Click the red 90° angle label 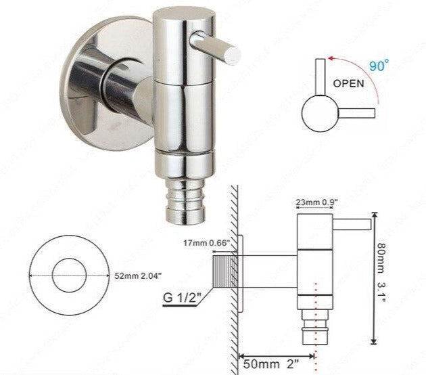(379, 66)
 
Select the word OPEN (348, 85)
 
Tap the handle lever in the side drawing (352, 223)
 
